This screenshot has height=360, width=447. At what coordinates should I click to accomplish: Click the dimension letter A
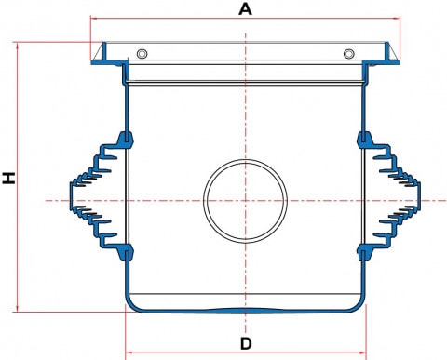click(245, 9)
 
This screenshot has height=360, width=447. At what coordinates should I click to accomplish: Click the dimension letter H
click(9, 178)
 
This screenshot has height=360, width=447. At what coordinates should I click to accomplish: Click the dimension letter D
click(246, 343)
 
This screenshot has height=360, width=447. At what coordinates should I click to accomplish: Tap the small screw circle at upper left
click(142, 54)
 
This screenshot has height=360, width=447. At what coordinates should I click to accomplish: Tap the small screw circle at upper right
click(349, 54)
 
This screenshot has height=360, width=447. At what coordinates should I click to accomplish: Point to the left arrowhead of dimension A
click(94, 19)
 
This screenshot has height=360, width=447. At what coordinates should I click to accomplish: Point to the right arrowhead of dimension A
click(397, 19)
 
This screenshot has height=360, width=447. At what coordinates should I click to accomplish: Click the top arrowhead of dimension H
click(17, 47)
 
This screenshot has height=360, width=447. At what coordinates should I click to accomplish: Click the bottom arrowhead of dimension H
click(17, 308)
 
